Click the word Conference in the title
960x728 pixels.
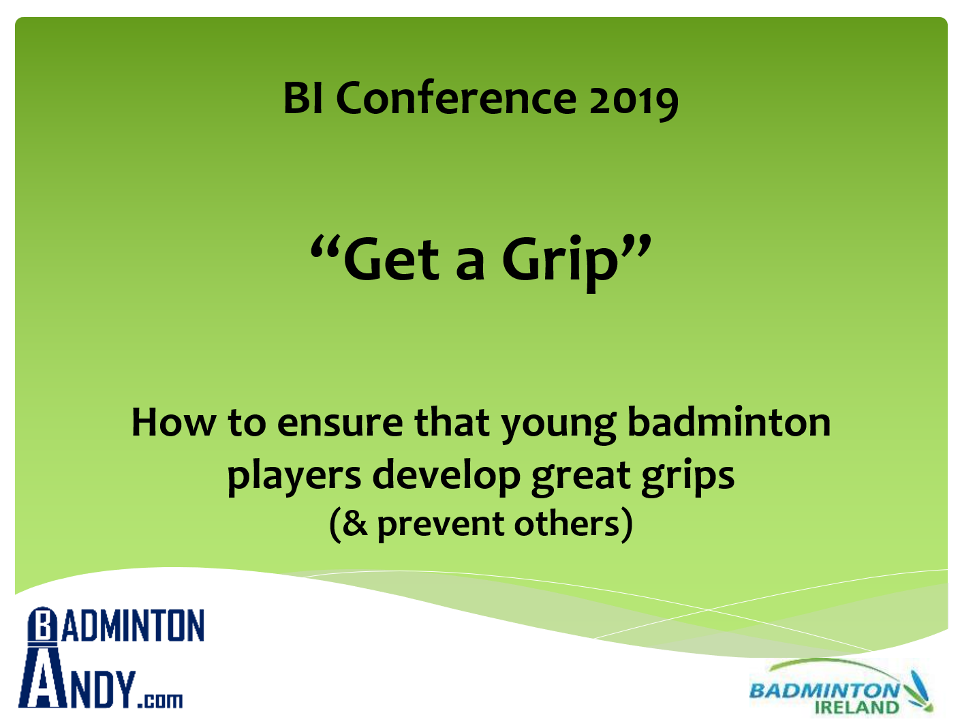tap(456, 98)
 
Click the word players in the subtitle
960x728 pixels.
tap(294, 476)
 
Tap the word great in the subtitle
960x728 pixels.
tap(581, 476)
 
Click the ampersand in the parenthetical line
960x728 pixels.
tap(355, 524)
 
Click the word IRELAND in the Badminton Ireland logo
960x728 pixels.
tap(856, 708)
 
